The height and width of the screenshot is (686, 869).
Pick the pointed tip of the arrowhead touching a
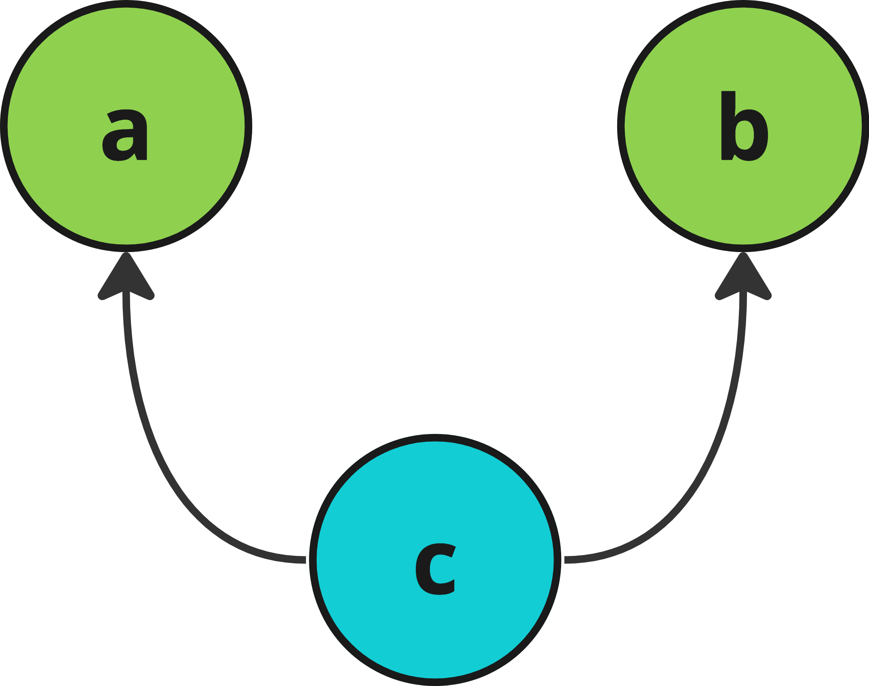[x=126, y=254]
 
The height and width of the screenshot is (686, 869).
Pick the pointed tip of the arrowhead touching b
[x=743, y=254]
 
